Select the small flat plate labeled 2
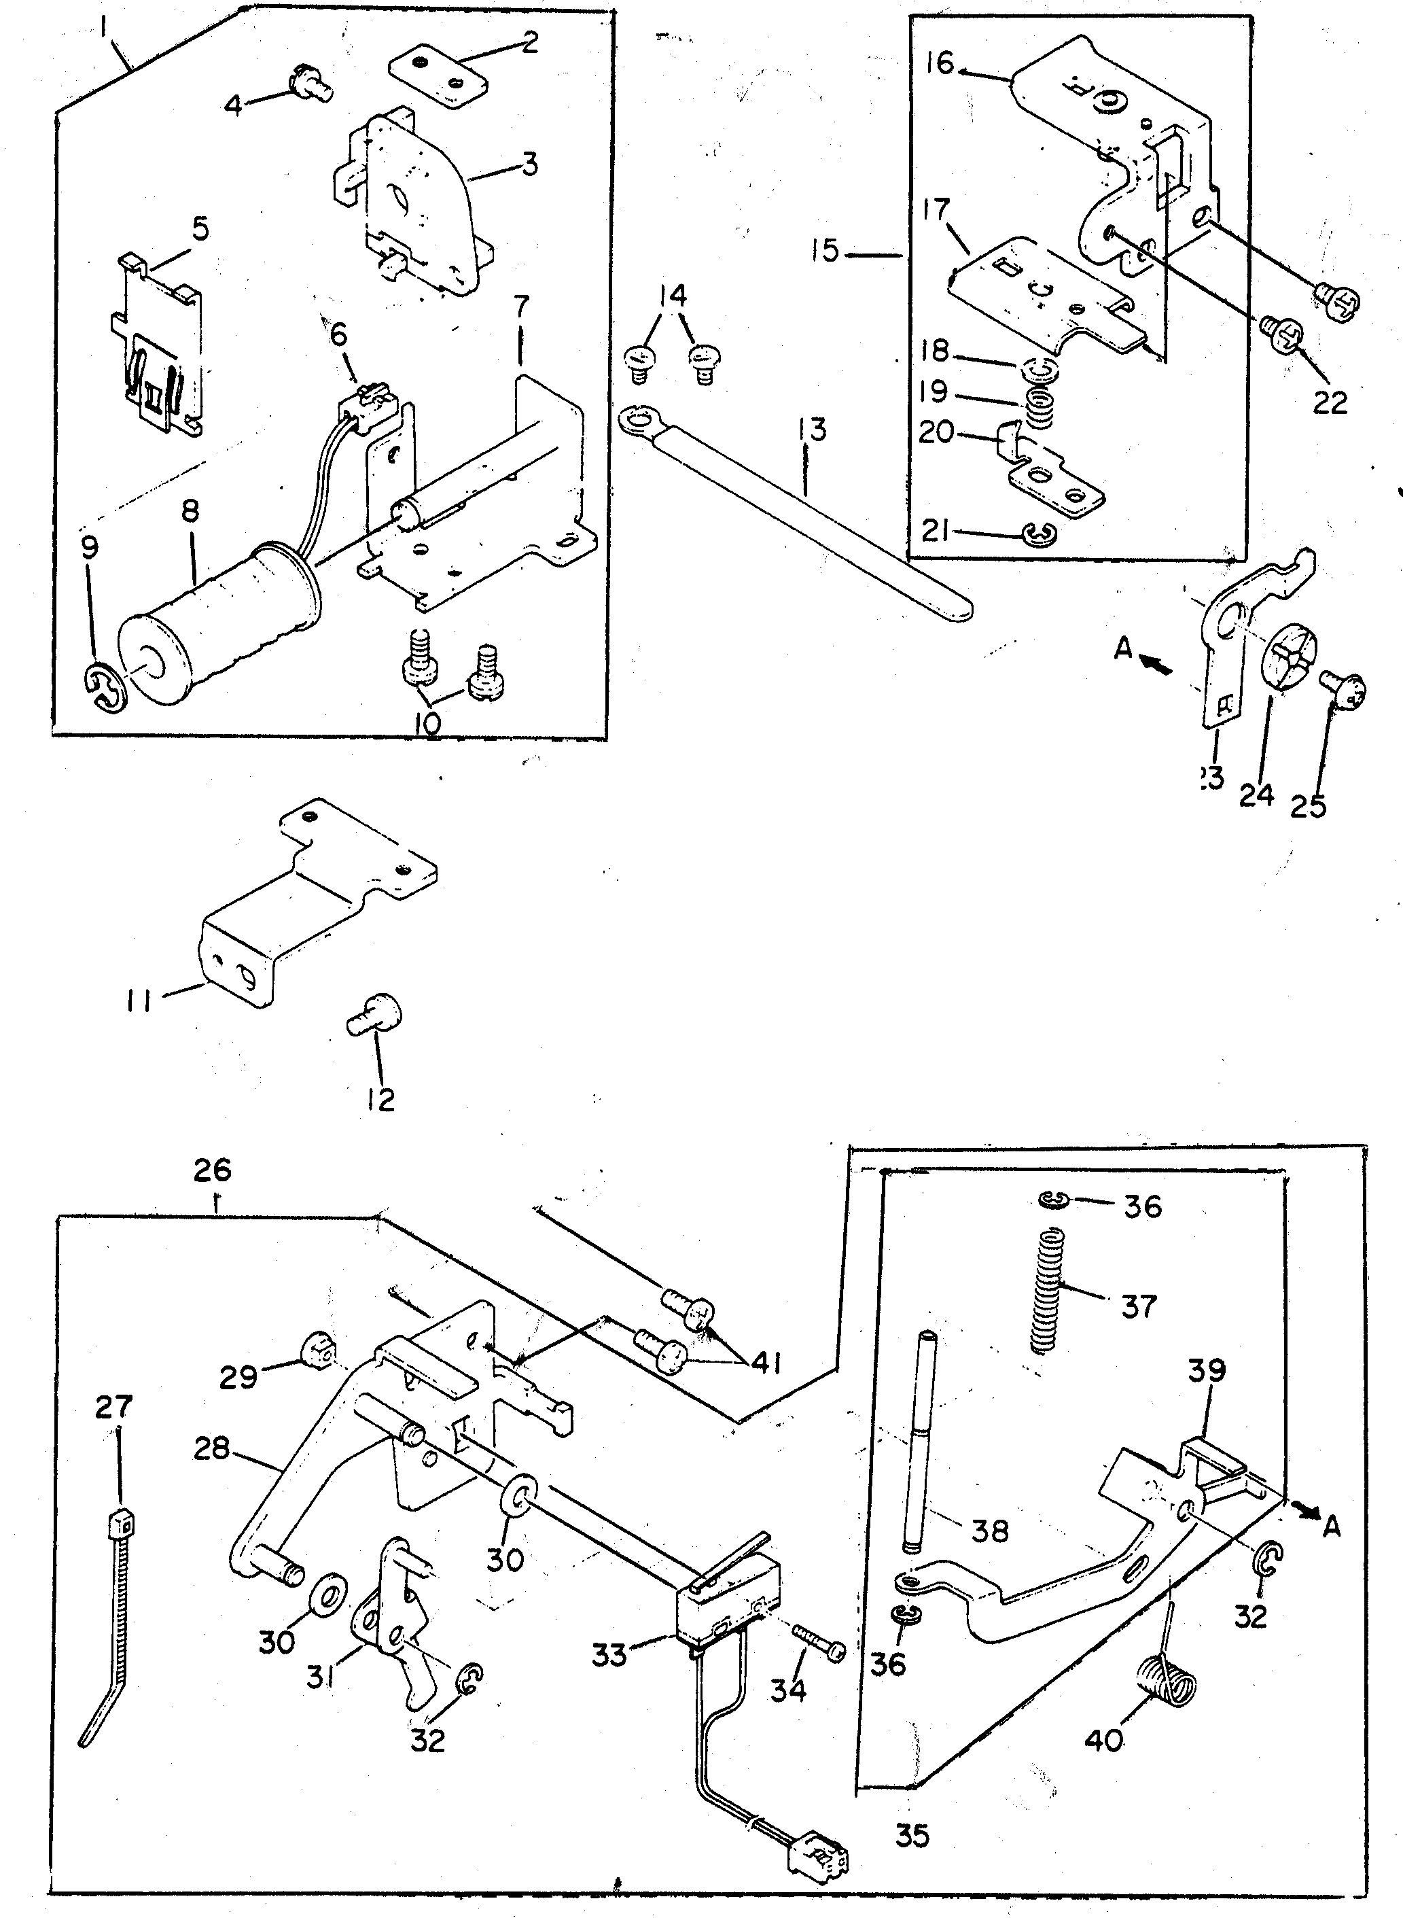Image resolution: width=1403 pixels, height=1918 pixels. (438, 82)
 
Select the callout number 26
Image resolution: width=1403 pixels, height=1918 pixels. (212, 1170)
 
